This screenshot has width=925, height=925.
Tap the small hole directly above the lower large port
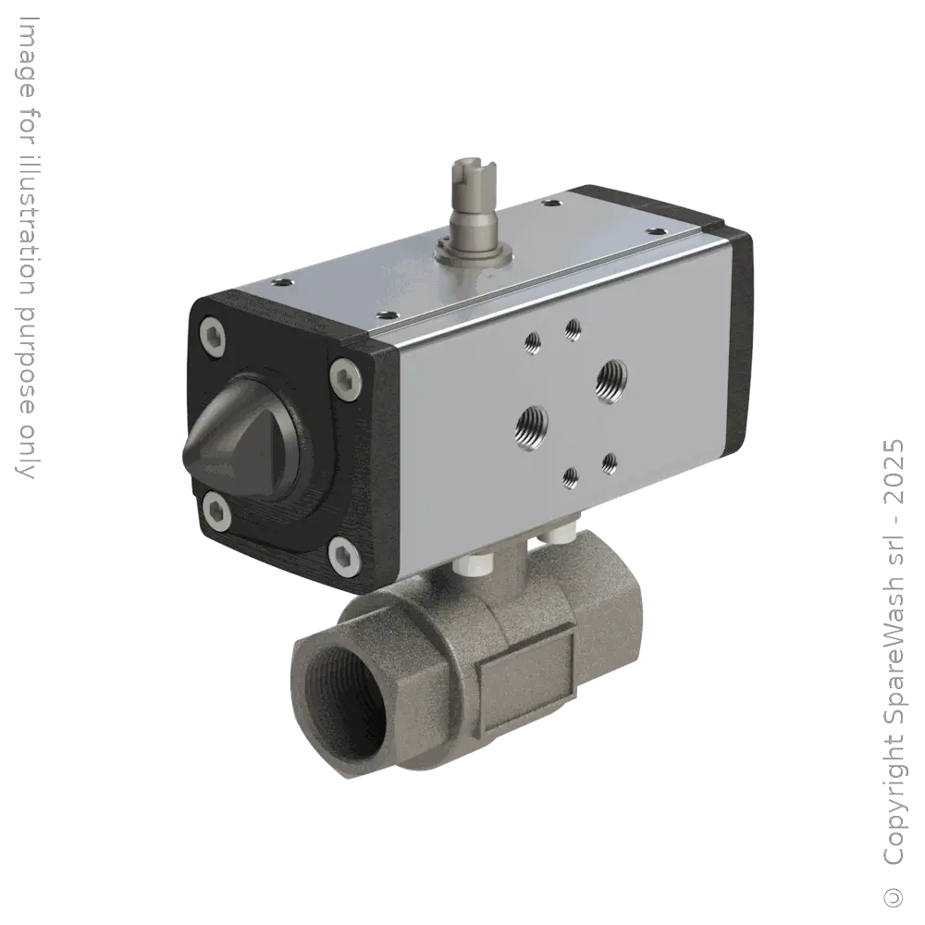(533, 345)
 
